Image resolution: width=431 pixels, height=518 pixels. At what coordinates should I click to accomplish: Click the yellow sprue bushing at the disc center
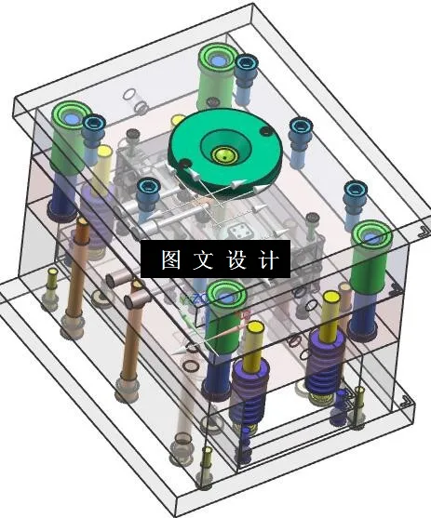(x=222, y=154)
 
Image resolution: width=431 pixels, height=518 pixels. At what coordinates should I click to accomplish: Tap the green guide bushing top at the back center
(x=216, y=60)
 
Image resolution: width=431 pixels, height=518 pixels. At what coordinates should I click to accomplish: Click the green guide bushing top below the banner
(x=224, y=295)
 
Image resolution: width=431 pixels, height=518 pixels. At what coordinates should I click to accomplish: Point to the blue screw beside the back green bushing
(x=247, y=64)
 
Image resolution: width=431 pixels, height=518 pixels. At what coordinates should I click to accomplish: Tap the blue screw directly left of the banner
(x=147, y=189)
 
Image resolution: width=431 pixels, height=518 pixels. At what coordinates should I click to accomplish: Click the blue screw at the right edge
(x=355, y=191)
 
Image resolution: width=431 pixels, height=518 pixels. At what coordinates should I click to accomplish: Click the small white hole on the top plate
(x=129, y=93)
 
